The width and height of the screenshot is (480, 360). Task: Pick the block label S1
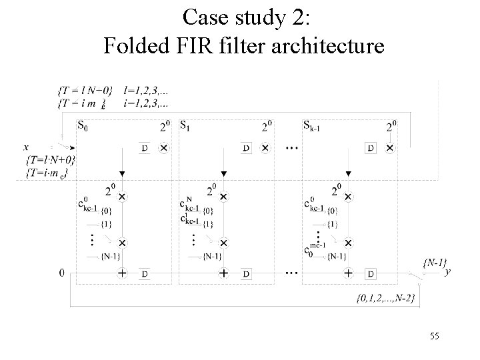(186, 125)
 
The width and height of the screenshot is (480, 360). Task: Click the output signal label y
(447, 271)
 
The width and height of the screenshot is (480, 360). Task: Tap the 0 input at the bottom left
(61, 273)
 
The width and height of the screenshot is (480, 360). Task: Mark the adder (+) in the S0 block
(122, 273)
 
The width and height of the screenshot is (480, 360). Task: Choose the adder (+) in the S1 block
(223, 273)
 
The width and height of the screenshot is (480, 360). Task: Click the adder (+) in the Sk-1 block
(347, 273)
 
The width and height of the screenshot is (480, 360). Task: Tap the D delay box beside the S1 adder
(246, 273)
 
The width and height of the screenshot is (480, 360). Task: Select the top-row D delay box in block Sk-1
(371, 148)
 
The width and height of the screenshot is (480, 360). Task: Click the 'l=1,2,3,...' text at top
(146, 89)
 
